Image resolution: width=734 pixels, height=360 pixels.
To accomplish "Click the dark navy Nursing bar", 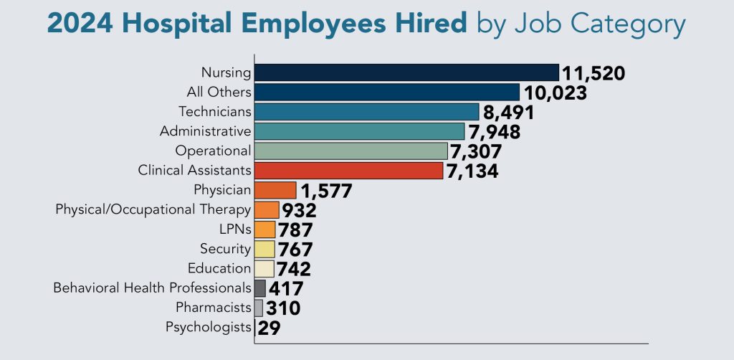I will (406, 72).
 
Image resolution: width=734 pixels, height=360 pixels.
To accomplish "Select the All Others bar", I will (387, 92).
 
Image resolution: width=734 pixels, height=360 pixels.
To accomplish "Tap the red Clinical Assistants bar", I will (349, 171).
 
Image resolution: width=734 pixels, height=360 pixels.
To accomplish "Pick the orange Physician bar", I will (275, 190).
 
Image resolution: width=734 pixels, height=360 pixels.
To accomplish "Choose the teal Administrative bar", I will (360, 131).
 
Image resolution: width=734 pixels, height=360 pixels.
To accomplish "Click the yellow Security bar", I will (264, 249).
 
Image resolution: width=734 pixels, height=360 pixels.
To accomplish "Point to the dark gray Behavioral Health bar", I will (260, 288).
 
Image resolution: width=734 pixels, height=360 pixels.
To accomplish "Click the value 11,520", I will (594, 73).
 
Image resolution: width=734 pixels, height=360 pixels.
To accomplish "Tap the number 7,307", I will (477, 151).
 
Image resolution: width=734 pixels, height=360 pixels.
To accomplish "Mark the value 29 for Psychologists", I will (270, 328).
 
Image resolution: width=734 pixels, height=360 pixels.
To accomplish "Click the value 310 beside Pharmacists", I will (282, 308).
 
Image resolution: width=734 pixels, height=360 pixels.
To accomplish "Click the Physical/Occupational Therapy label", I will (153, 209).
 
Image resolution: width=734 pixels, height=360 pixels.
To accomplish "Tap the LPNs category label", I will (234, 229).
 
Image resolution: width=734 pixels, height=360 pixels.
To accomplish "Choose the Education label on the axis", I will (219, 268).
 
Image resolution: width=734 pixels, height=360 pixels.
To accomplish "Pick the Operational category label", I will (213, 151).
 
